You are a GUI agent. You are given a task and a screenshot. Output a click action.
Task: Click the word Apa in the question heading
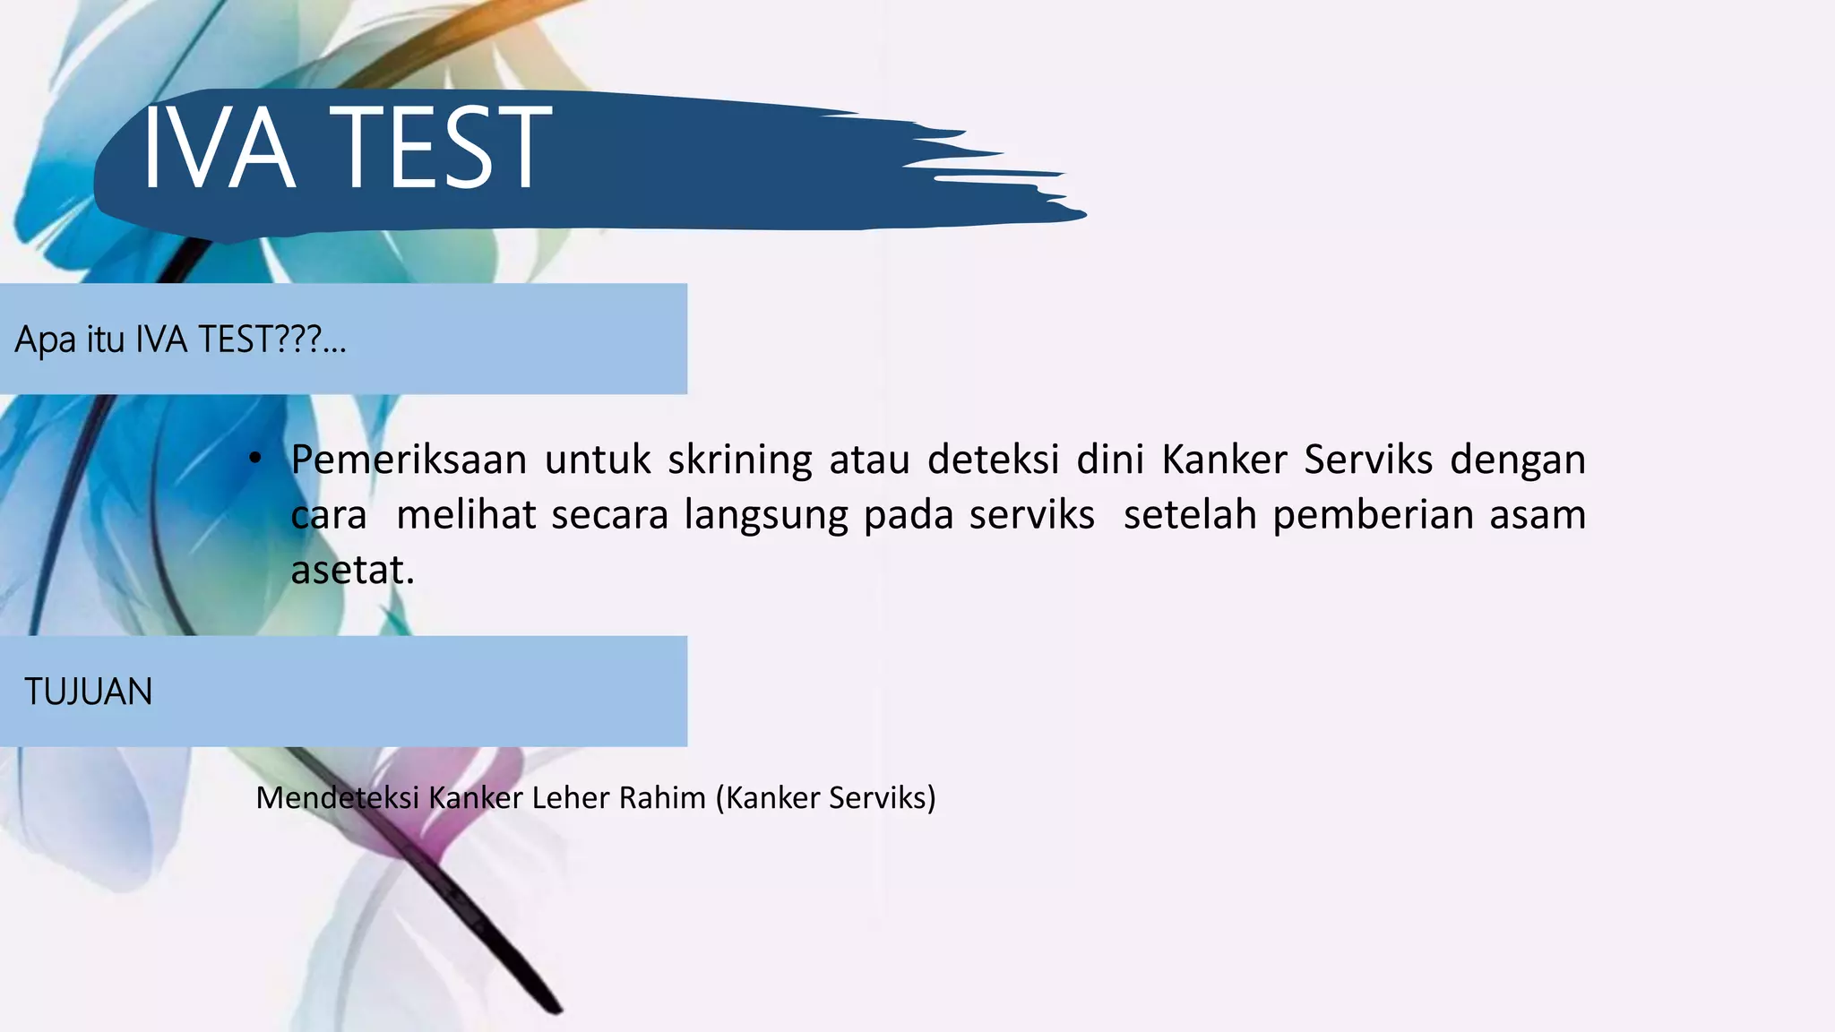tap(45, 340)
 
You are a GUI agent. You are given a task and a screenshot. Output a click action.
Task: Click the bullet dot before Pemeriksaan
tap(255, 460)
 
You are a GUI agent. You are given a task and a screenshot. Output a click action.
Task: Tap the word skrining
tap(739, 460)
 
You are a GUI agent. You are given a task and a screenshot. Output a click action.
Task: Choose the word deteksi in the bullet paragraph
tap(993, 460)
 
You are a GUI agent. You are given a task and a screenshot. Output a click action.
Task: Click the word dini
tap(1109, 460)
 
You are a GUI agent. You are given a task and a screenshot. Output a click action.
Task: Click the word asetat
tap(352, 571)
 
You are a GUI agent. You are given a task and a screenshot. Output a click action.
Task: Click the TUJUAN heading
tap(88, 692)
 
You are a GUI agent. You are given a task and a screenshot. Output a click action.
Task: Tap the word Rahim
tap(662, 797)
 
